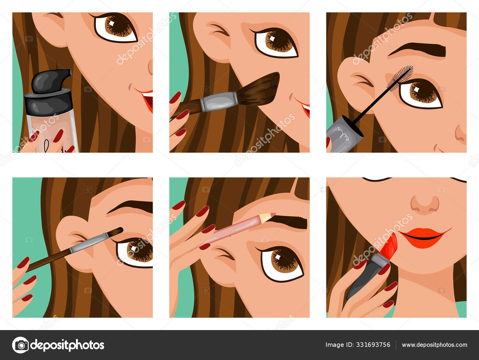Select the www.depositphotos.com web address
pos(434,345)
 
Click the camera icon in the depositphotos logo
pos(20,345)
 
